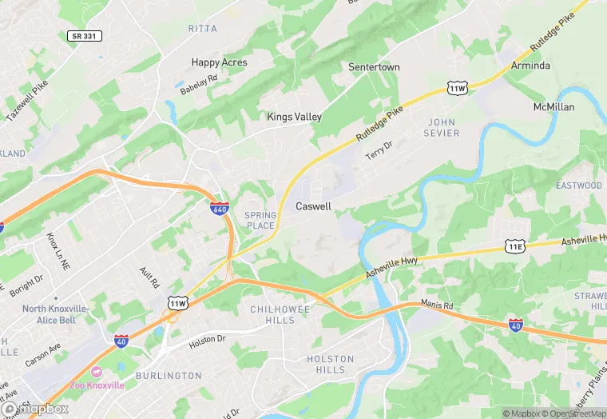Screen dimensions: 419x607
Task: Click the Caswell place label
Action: tap(313, 206)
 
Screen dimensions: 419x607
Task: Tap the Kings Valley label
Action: tap(294, 117)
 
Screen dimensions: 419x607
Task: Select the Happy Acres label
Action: tap(219, 62)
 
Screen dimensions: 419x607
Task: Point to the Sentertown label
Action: tap(374, 67)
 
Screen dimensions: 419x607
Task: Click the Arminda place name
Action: tap(530, 66)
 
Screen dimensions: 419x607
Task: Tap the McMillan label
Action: tap(553, 107)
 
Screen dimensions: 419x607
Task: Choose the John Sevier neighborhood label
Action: tap(443, 127)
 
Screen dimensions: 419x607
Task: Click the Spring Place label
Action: tap(260, 220)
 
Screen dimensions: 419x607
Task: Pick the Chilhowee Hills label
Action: tap(272, 314)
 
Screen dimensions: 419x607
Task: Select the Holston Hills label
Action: tap(331, 364)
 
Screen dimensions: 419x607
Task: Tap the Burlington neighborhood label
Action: tap(169, 376)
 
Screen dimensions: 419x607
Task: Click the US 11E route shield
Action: tap(514, 248)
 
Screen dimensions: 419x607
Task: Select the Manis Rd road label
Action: tap(436, 305)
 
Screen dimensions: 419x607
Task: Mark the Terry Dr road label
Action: tap(379, 148)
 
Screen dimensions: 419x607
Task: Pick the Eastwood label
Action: tap(579, 186)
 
